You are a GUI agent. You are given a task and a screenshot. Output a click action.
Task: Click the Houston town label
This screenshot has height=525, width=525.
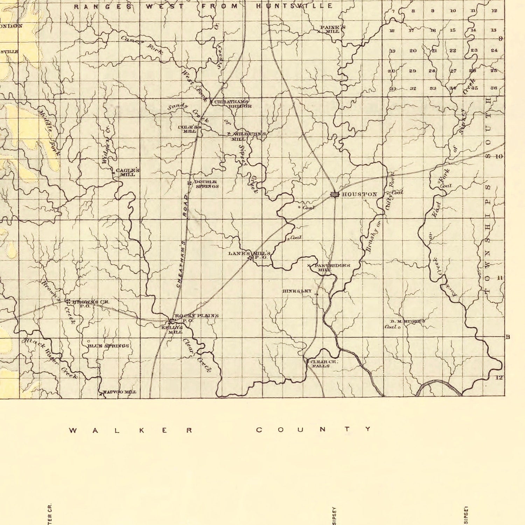point(359,194)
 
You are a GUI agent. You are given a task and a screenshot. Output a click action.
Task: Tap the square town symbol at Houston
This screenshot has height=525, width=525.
point(335,194)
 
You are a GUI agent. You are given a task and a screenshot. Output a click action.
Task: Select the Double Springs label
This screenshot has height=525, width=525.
point(206,184)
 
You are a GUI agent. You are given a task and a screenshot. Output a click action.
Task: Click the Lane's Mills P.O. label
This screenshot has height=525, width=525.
point(249,254)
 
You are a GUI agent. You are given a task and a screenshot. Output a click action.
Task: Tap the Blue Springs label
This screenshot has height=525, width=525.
point(108,346)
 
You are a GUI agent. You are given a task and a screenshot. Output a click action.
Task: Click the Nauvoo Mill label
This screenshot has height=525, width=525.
point(119,392)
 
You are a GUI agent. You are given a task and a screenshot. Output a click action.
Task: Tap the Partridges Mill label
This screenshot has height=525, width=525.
point(332,267)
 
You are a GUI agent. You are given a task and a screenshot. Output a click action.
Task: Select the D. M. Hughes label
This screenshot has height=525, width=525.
point(408,321)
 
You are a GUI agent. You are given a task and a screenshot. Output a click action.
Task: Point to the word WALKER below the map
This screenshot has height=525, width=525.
point(131,430)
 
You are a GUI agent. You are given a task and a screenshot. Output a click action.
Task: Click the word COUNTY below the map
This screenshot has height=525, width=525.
point(314,429)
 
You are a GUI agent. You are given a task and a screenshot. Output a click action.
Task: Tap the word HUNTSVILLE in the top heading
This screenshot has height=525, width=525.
point(294,6)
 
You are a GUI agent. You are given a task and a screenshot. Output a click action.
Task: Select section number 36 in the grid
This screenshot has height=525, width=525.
point(493,88)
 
